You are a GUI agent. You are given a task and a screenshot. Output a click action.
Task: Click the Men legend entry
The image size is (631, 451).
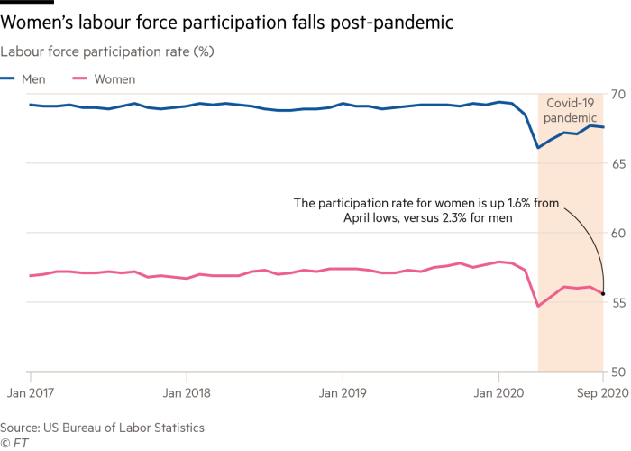pos(32,79)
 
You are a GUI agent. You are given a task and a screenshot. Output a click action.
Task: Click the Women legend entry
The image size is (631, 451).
pos(116,79)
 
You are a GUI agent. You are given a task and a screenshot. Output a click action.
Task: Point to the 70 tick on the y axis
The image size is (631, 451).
pos(618,94)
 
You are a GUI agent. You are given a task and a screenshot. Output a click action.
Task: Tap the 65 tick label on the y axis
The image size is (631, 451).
pos(618,163)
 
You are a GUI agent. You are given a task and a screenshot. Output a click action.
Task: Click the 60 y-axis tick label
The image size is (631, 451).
pos(618,233)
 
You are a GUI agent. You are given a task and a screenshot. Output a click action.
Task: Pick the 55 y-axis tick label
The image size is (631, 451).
pos(618,302)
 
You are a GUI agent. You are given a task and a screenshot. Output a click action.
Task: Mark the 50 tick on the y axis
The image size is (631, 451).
pos(618,372)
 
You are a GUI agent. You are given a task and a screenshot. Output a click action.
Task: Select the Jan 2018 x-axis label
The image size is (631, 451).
pos(186,393)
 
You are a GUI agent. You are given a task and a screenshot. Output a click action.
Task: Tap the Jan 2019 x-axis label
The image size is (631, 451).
pos(342,393)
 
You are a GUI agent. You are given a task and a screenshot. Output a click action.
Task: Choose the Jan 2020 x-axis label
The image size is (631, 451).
pos(498,393)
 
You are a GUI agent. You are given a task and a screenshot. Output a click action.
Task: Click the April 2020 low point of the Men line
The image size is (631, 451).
pos(537,147)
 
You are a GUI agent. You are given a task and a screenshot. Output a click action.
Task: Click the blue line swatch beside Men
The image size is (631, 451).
pos(7,79)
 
